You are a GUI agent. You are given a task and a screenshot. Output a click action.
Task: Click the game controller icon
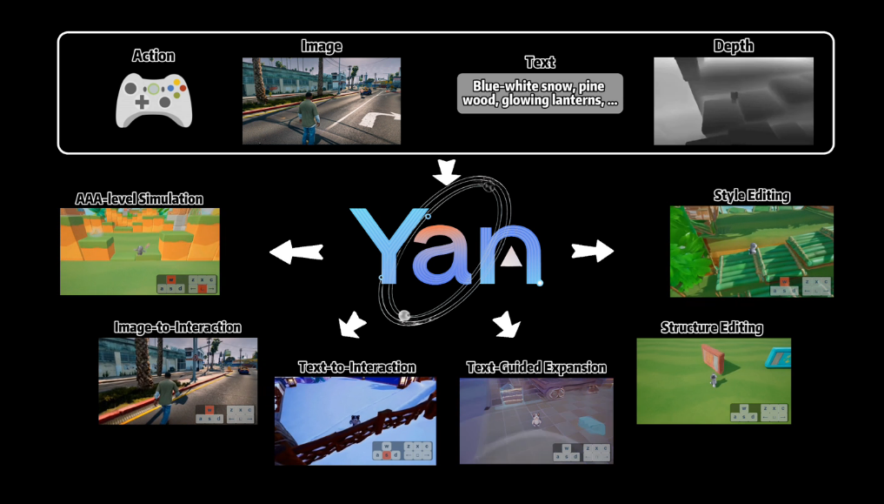[x=154, y=100]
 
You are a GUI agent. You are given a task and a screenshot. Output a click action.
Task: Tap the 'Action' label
[x=154, y=56]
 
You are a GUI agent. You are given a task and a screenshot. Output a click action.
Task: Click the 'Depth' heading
[x=733, y=46]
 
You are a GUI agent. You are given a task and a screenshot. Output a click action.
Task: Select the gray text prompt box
[x=540, y=93]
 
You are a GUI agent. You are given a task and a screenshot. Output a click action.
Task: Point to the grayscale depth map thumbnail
[x=733, y=100]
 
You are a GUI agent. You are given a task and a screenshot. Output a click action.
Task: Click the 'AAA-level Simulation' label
[x=139, y=198]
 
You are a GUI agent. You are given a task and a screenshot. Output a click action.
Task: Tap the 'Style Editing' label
[x=752, y=195]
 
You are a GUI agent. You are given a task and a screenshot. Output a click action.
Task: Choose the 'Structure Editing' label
[x=712, y=327]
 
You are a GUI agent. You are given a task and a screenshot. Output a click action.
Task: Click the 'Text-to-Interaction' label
[x=356, y=366]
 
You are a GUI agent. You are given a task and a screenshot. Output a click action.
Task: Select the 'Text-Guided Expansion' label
[x=536, y=366]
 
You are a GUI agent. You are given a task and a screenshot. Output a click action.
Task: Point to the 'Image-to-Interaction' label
[x=177, y=327]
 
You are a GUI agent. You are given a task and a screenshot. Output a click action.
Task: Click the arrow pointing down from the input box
[x=447, y=171]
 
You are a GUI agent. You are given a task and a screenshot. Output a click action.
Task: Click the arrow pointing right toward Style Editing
[x=592, y=251]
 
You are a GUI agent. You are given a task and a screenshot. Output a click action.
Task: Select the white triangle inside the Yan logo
[x=513, y=256]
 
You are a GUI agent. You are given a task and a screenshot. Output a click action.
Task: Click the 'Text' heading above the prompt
[x=540, y=63]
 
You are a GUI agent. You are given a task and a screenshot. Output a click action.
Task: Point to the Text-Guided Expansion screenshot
[x=535, y=420]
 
